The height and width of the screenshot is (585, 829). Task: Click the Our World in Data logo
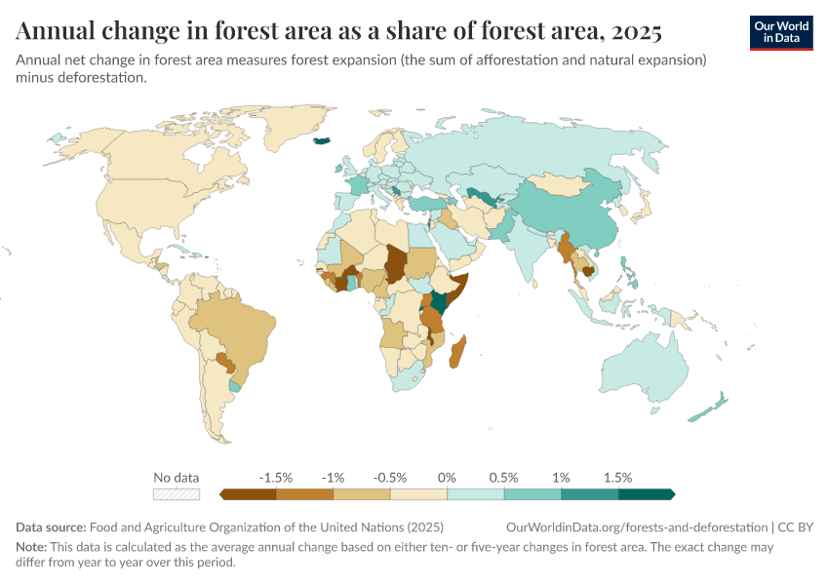pos(781,32)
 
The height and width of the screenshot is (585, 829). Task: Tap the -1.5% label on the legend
pos(276,478)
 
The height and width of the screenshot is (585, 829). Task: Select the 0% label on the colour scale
pos(447,478)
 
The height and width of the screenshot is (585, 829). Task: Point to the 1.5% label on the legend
pos(617,478)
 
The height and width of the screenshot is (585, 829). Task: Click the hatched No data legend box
pos(177,494)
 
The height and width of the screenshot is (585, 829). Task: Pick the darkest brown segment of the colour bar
pos(248,494)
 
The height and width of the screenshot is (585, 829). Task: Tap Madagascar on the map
pos(456,352)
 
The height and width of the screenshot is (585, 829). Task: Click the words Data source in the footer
pos(51,527)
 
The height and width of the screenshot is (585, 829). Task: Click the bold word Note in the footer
pos(31,547)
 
